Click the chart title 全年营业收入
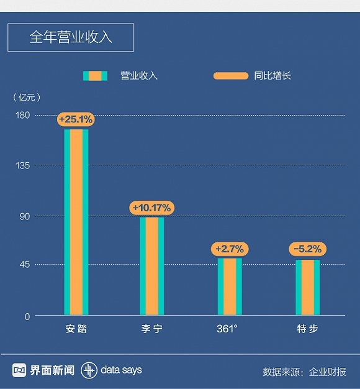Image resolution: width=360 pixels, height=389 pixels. tap(70, 37)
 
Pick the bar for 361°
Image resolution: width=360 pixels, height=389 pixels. tap(230, 286)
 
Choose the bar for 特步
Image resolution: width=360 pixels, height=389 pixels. tap(307, 288)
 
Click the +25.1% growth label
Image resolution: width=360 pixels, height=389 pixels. tap(76, 119)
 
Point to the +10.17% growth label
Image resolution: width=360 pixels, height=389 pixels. tap(151, 208)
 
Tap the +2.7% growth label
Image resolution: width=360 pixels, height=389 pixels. tap(230, 249)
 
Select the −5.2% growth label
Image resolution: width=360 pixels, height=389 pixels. tap(307, 249)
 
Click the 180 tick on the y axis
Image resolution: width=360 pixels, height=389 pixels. tap(23, 116)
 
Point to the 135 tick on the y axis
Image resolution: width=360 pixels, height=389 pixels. tap(23, 165)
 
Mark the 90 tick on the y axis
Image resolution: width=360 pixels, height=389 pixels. tap(25, 216)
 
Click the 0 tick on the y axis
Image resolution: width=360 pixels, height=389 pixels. tap(27, 316)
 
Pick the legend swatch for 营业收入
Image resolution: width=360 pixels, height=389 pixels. tap(95, 76)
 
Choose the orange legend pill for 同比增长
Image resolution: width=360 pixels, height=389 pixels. tap(230, 76)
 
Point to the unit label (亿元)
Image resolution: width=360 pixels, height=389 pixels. tap(26, 97)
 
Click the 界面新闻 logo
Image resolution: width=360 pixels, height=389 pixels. tap(43, 370)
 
